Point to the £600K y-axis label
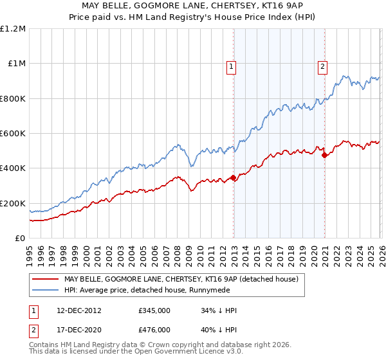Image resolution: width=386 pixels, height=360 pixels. (x=13, y=134)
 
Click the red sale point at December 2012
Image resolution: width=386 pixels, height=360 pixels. (x=233, y=178)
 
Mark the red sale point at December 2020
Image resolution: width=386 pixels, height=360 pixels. (x=324, y=155)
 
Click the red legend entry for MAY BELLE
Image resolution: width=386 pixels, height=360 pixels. (x=181, y=280)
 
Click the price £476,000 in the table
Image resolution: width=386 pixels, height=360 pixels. (x=154, y=329)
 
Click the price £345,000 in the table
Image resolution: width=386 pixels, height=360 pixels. (x=154, y=310)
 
